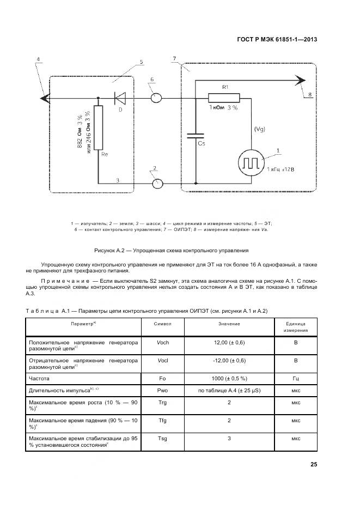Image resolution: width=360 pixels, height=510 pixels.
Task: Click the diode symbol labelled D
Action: [120, 98]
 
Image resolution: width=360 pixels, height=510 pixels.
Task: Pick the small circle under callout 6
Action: [155, 98]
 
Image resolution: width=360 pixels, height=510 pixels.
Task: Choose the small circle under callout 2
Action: [157, 183]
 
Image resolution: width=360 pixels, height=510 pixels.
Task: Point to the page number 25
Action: [313, 465]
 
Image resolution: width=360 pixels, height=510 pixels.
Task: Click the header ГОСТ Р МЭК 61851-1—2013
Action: [277, 39]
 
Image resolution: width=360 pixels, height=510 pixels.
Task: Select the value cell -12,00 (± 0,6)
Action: [230, 361]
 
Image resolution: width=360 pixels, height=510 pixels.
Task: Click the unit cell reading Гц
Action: [296, 377]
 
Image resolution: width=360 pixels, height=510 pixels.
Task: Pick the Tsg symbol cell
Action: [163, 438]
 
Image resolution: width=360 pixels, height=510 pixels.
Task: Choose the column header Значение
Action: [230, 324]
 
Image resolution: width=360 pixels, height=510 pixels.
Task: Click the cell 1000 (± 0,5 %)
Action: [230, 377]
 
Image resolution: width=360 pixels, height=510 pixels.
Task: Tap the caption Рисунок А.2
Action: [172, 251]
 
